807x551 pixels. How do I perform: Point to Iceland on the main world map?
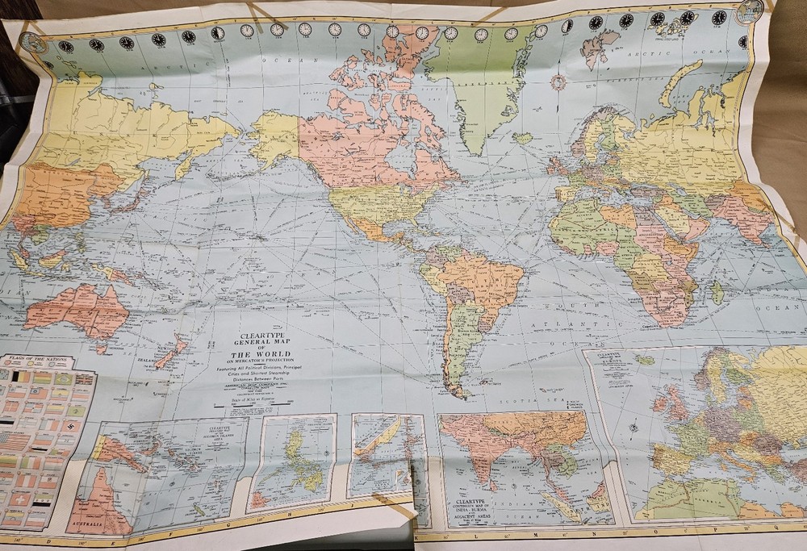522,138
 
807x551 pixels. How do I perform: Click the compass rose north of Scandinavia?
557,81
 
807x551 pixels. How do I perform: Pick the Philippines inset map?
291,461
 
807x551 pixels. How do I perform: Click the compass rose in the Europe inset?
632,426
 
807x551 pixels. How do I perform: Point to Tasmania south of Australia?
100,348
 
